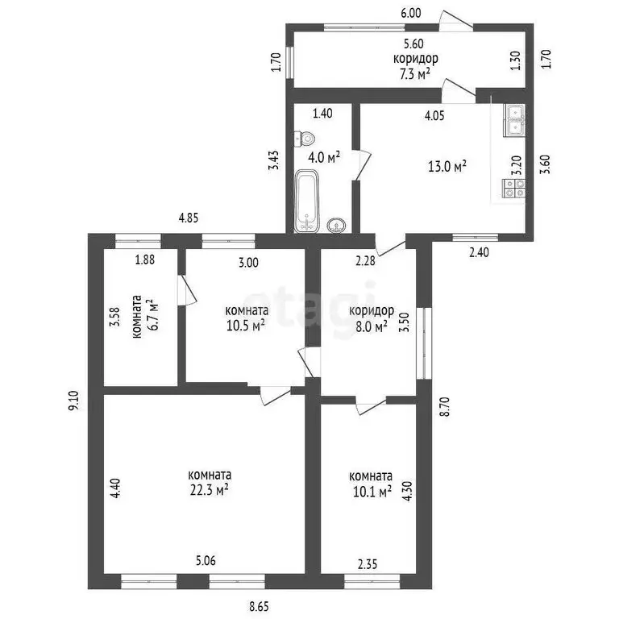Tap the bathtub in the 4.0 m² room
tap(307, 201)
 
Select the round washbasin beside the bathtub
tap(336, 226)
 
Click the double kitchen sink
tap(514, 120)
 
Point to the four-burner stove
tap(513, 189)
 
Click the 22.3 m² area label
tap(210, 490)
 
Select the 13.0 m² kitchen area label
tap(447, 166)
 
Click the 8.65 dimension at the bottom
tap(260, 606)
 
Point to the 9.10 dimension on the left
tap(74, 401)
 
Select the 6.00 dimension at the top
tap(411, 13)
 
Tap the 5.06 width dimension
tap(206, 560)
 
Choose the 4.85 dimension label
tap(189, 218)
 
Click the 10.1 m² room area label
tap(372, 492)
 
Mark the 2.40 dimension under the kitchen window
tap(479, 251)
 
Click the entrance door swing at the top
tap(456, 20)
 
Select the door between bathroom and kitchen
tap(362, 164)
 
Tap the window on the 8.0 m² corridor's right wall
tap(425, 343)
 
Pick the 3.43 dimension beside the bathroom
tap(274, 160)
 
